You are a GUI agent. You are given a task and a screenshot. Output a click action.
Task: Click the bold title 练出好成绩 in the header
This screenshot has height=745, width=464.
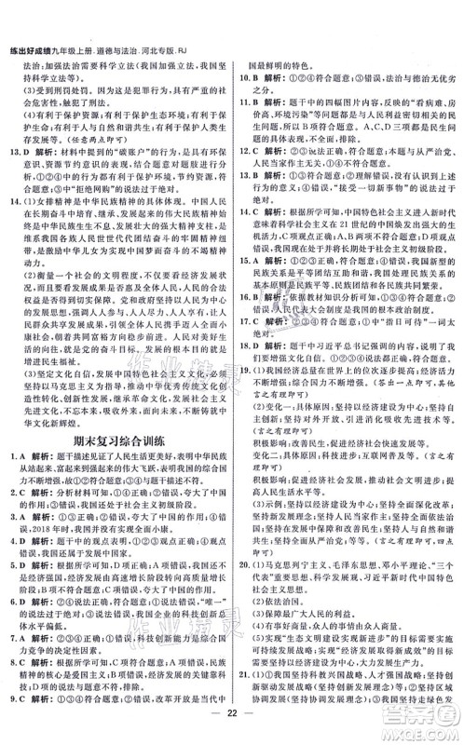tap(30, 8)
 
